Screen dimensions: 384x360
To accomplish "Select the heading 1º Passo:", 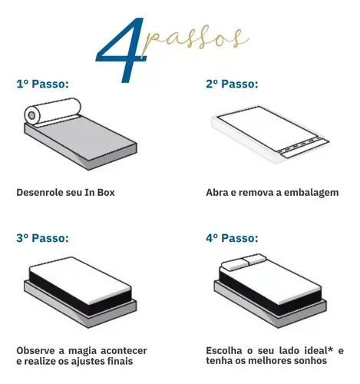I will (42, 84).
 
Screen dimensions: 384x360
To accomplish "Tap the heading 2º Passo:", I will (232, 84).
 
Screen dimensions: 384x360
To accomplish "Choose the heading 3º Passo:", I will (42, 238).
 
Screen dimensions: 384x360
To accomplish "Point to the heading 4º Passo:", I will (232, 238).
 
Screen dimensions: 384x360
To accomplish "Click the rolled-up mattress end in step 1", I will (33, 115).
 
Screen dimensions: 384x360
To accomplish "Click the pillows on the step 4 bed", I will (238, 265).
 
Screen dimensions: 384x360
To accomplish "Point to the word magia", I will (85, 350).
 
